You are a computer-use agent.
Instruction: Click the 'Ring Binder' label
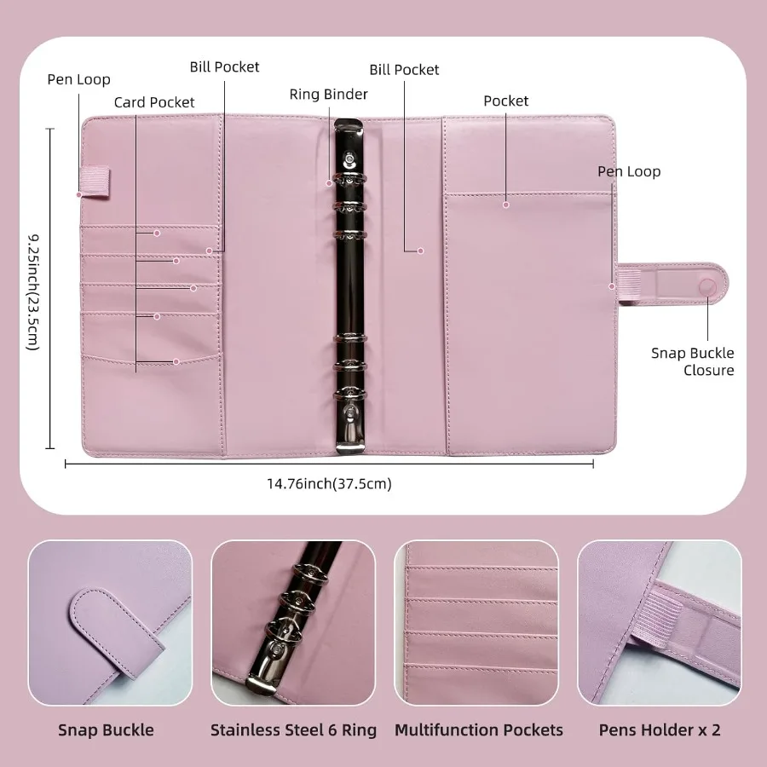pyautogui.click(x=328, y=94)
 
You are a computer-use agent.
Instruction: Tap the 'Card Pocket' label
pyautogui.click(x=154, y=102)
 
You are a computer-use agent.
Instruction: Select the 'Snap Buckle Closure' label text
pyautogui.click(x=692, y=361)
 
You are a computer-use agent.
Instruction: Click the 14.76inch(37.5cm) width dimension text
pyautogui.click(x=329, y=484)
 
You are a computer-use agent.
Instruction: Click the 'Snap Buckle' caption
pyautogui.click(x=106, y=730)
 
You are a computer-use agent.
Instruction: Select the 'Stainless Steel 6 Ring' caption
pyautogui.click(x=293, y=730)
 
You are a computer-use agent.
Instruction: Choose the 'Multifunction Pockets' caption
pyautogui.click(x=478, y=730)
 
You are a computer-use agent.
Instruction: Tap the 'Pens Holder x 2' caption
pyautogui.click(x=659, y=730)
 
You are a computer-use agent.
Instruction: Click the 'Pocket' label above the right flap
pyautogui.click(x=506, y=101)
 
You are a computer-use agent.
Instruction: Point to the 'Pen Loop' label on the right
pyautogui.click(x=628, y=171)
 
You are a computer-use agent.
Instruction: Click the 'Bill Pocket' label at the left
pyautogui.click(x=224, y=66)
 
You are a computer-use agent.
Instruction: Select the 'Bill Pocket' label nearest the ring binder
pyautogui.click(x=404, y=69)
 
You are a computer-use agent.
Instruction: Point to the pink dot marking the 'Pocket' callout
pyautogui.click(x=505, y=205)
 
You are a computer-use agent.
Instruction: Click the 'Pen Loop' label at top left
pyautogui.click(x=78, y=79)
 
